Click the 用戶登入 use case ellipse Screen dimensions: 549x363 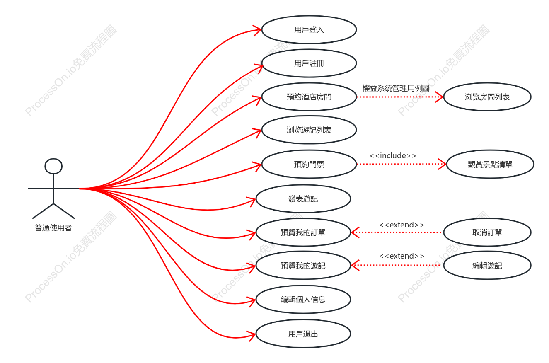(309, 30)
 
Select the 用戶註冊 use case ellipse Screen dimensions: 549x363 (309, 63)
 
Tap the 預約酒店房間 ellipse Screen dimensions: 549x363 (309, 97)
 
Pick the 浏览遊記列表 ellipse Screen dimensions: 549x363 (309, 130)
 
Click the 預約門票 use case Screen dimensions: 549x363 (309, 164)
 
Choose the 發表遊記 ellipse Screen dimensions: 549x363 (303, 199)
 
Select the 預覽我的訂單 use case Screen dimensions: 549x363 (303, 232)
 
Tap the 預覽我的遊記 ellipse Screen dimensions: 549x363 (303, 265)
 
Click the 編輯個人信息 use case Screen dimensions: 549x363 (303, 299)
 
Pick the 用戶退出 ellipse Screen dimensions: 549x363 (303, 334)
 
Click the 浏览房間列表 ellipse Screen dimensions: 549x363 (487, 97)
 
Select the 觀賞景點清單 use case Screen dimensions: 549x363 (490, 164)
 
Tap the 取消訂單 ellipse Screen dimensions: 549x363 (487, 232)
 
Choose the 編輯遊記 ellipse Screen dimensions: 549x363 (487, 265)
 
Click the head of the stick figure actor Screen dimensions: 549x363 (53, 166)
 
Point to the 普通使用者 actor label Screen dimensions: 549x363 (53, 228)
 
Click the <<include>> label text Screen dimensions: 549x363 (393, 156)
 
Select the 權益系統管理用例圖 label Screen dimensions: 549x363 (396, 88)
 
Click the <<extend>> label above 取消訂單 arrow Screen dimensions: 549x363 (401, 225)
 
